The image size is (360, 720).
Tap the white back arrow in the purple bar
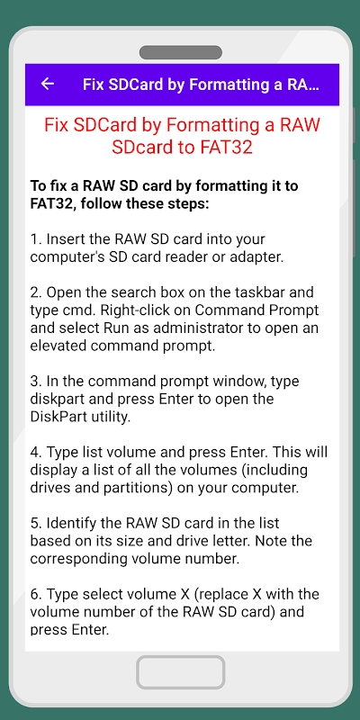coord(48,84)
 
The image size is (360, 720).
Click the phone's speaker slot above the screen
coord(181,52)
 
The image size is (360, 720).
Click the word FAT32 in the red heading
coord(229,148)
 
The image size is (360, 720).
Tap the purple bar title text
coord(201,85)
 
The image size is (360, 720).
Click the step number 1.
coord(35,239)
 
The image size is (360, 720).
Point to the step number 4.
coord(36,453)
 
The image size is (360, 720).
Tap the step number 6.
coord(36,594)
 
